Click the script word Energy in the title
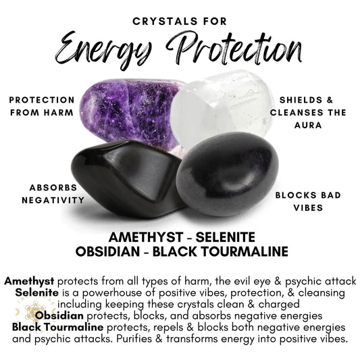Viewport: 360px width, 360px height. point(101,46)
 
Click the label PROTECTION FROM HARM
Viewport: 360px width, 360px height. point(42,106)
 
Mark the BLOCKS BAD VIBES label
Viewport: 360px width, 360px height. point(299,201)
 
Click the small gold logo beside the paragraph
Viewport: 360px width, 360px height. point(28,313)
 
